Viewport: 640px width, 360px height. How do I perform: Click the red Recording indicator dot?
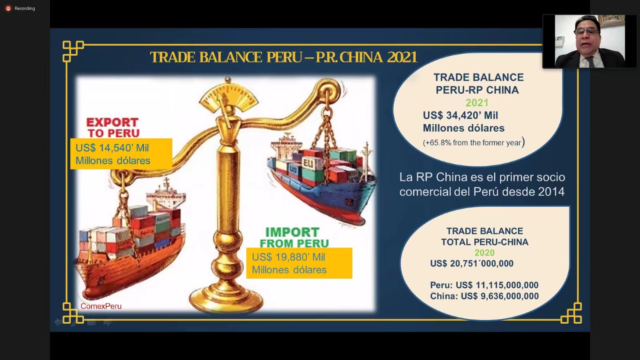[x=8, y=8]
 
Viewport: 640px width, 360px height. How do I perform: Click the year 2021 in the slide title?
[x=402, y=57]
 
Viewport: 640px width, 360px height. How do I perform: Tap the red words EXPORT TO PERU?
[x=113, y=128]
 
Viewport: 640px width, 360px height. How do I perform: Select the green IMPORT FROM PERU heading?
[x=294, y=238]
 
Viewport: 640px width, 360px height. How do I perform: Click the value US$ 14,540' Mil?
[x=112, y=148]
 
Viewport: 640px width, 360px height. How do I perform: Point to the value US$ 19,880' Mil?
[x=288, y=257]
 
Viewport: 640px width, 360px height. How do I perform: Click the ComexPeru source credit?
[x=101, y=306]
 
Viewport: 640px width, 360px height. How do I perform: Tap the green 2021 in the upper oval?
[x=477, y=102]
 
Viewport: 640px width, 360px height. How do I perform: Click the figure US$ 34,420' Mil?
[x=460, y=116]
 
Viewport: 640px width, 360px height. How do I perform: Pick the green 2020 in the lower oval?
[x=484, y=253]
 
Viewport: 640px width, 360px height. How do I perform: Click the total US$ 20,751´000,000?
[x=472, y=264]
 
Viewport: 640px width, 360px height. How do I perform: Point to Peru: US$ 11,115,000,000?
[x=484, y=285]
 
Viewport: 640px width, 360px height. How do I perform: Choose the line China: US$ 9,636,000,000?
[x=484, y=296]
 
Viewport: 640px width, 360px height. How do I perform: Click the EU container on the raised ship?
[x=308, y=163]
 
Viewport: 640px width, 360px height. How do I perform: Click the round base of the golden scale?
[x=226, y=300]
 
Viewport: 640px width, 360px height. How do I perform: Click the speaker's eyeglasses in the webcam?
[x=586, y=31]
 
